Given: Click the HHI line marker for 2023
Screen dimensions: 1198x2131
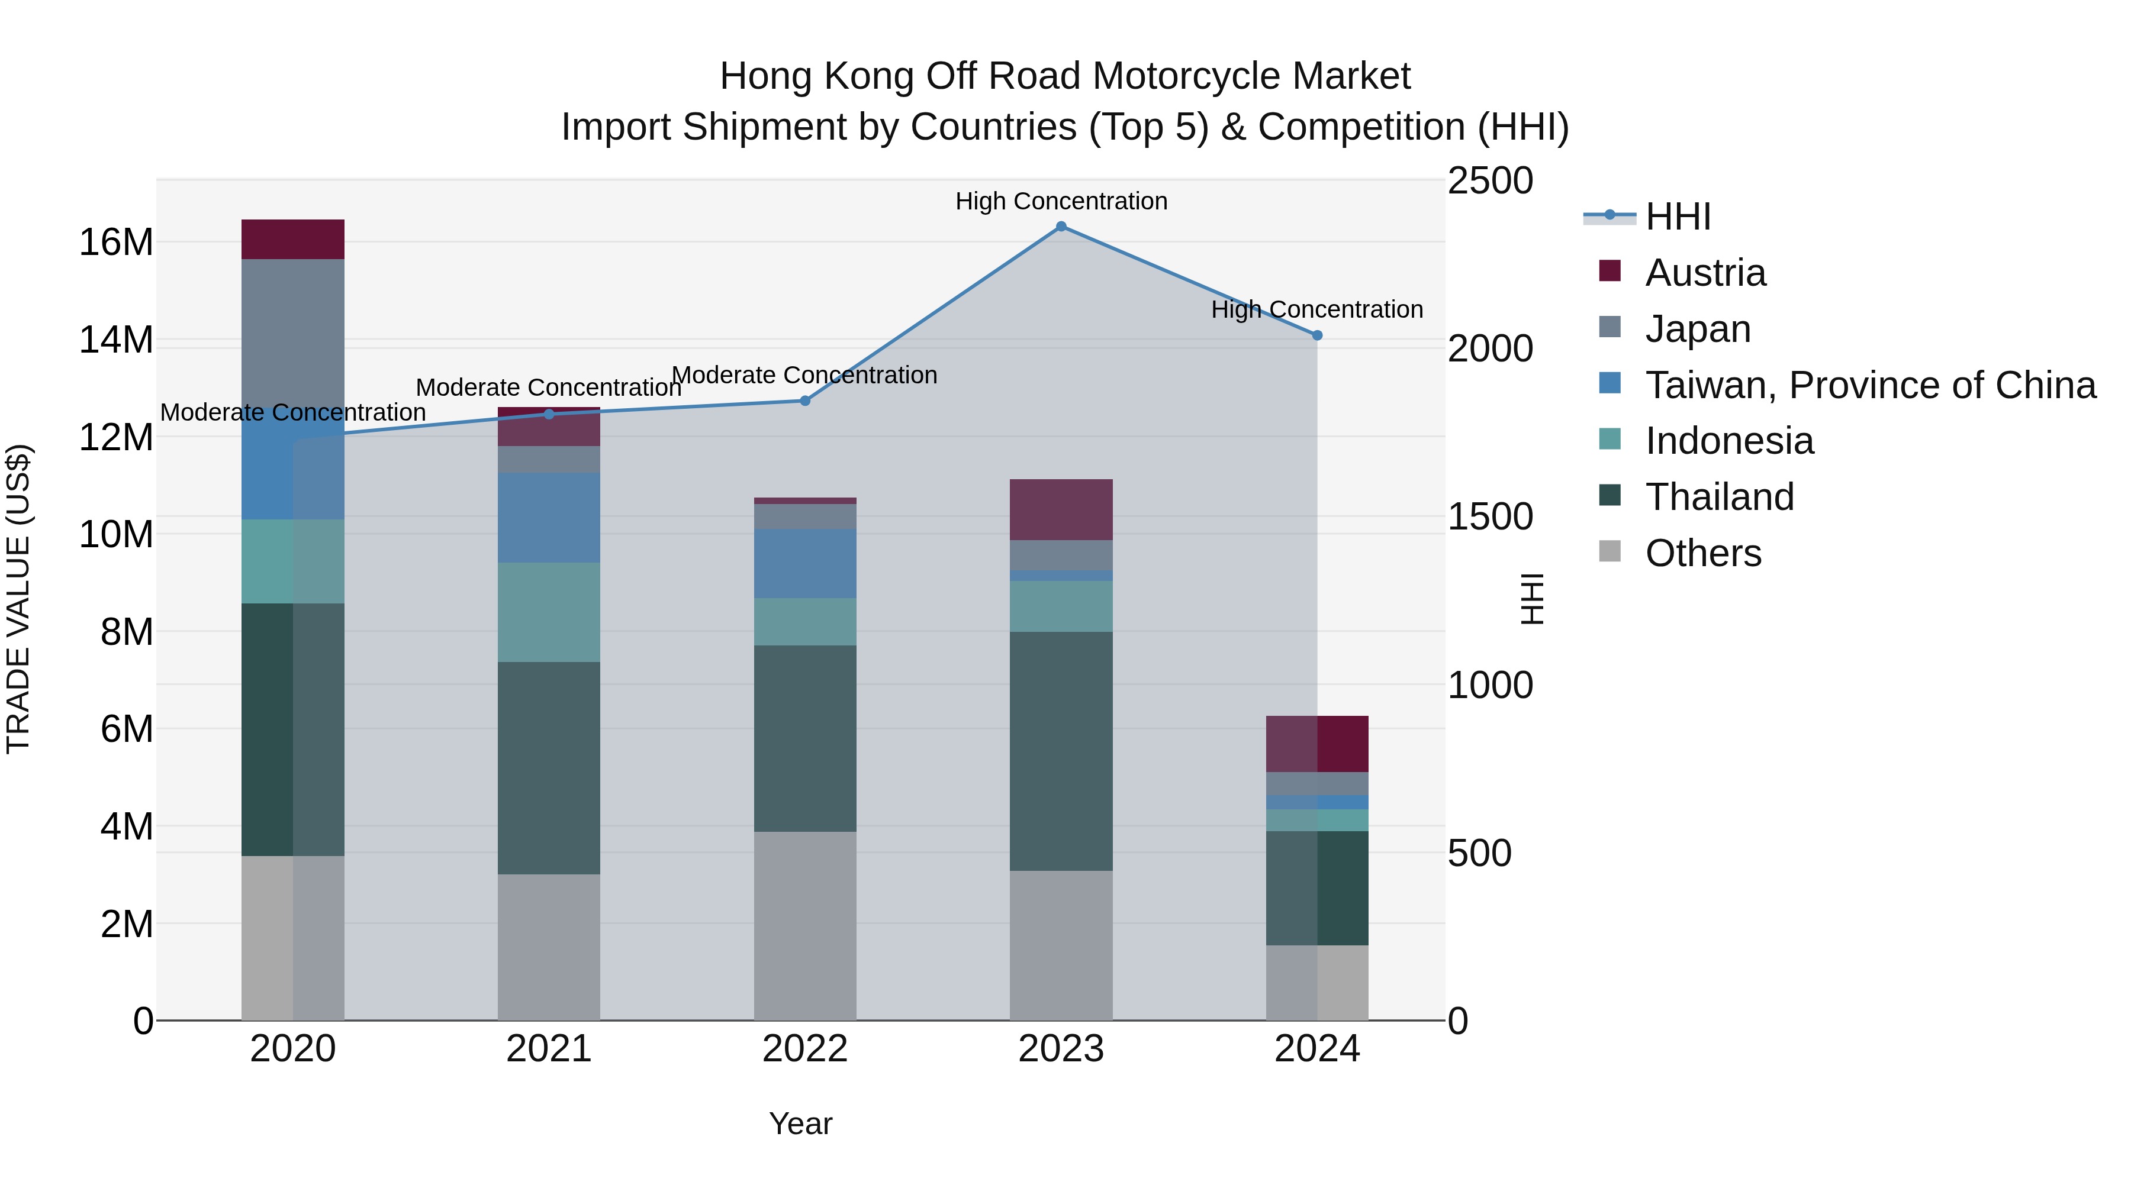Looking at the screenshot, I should pos(1061,227).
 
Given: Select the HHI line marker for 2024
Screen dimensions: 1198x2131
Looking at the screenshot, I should pos(1317,335).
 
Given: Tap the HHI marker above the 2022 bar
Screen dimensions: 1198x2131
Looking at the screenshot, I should pos(805,401).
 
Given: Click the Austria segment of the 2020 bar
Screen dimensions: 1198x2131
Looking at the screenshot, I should pos(293,239).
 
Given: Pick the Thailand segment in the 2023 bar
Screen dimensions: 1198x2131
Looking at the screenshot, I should pos(1061,751).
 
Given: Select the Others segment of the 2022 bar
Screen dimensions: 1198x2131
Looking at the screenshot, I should pos(805,925).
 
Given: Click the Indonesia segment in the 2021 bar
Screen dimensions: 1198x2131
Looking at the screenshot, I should pos(549,612).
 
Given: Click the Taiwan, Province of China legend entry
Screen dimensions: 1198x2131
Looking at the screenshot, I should pos(1869,385).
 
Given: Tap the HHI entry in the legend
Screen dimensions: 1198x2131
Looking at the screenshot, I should pos(1677,217).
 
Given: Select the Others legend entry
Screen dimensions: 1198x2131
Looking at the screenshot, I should pos(1702,553).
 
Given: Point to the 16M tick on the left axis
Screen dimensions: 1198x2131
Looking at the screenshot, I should pos(116,242).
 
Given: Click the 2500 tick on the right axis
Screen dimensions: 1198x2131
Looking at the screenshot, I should pos(1490,181).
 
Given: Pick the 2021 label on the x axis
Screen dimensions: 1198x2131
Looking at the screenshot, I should pos(549,1049).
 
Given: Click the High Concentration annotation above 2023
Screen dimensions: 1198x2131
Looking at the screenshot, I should pos(1061,201).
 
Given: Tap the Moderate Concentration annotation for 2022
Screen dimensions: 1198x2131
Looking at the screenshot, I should pos(805,375).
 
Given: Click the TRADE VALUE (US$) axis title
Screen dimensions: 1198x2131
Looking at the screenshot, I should pos(18,599).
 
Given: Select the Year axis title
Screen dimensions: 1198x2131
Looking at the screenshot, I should pos(800,1123).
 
